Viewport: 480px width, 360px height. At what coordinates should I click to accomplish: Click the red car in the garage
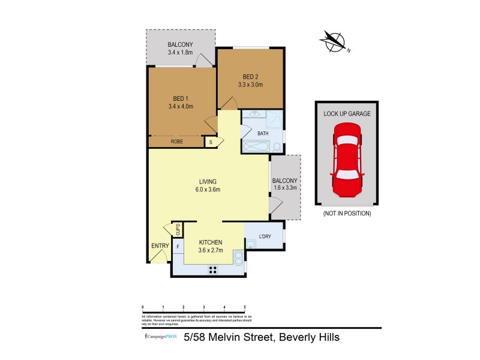pyautogui.click(x=347, y=160)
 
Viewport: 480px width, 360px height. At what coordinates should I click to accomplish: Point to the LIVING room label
pyautogui.click(x=208, y=182)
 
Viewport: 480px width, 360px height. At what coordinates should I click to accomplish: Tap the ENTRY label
pyautogui.click(x=160, y=245)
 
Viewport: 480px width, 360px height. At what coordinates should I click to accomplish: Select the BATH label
pyautogui.click(x=263, y=133)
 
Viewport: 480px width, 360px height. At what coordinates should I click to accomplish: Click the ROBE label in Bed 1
pyautogui.click(x=176, y=142)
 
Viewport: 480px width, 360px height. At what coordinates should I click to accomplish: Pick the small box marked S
pyautogui.click(x=211, y=142)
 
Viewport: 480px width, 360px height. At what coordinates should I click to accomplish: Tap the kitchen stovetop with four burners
pyautogui.click(x=212, y=269)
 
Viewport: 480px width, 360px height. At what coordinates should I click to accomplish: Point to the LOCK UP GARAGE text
pyautogui.click(x=347, y=113)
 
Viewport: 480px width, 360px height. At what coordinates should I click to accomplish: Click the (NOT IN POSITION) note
pyautogui.click(x=347, y=214)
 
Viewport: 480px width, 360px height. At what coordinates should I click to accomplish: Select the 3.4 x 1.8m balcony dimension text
pyautogui.click(x=180, y=53)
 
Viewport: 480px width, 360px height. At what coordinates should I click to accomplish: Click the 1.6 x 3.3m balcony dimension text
pyautogui.click(x=284, y=188)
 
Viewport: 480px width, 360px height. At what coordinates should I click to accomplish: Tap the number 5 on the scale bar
pyautogui.click(x=245, y=306)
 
